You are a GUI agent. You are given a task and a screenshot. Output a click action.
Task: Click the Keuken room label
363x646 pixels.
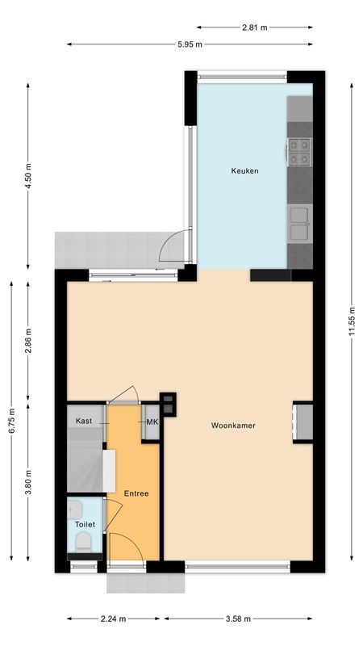coord(244,170)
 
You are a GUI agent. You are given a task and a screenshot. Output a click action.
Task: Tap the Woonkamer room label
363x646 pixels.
coord(233,425)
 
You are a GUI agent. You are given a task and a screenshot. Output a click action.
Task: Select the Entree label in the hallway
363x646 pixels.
coord(135,493)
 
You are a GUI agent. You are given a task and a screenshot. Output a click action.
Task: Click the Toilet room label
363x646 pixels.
coord(85,524)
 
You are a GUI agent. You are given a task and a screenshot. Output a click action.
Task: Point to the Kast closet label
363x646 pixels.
coord(84,422)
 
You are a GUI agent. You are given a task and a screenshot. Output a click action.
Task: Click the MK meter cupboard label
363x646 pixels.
coord(152,422)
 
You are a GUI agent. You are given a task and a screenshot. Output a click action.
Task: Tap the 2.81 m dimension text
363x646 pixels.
coord(254,27)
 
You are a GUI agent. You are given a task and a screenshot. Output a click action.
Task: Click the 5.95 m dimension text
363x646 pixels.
coord(190,44)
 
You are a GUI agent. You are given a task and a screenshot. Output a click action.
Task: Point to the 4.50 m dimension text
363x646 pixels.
coord(28,174)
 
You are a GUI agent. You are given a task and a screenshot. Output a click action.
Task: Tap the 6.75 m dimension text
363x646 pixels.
coord(11,420)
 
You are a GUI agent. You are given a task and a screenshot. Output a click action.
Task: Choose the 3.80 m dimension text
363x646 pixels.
coord(28,482)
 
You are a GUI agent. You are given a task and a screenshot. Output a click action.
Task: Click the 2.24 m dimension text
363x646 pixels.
coord(114,619)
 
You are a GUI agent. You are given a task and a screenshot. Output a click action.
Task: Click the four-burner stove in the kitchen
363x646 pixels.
coord(299,152)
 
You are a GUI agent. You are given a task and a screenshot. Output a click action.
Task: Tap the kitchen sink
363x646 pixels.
coord(299,224)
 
